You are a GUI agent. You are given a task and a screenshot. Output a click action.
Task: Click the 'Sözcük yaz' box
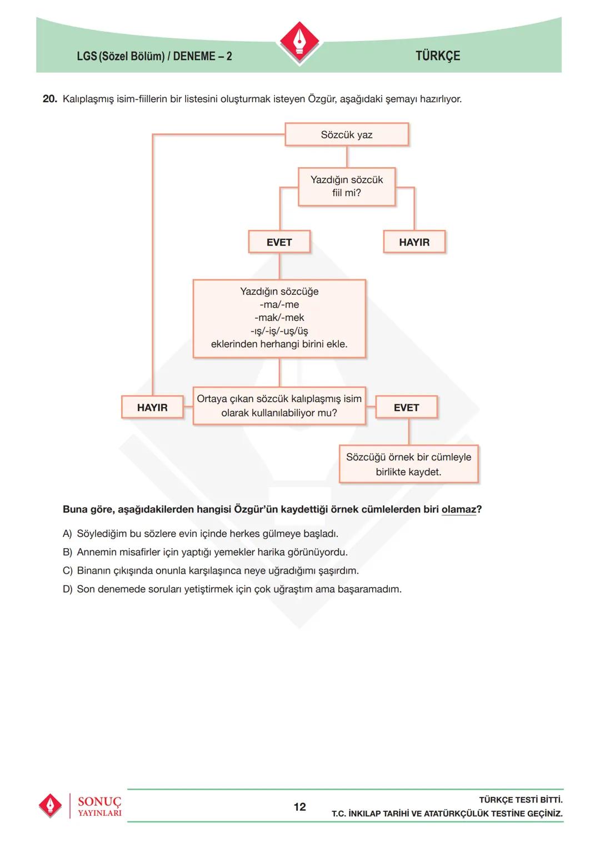[347, 135]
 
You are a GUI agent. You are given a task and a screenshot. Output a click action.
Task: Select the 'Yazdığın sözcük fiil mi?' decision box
[347, 187]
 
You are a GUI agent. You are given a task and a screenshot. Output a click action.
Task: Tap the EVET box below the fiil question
[279, 242]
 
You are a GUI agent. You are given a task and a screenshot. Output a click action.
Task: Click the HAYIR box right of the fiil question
[414, 242]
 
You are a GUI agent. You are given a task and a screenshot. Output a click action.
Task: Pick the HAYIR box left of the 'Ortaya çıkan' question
[152, 408]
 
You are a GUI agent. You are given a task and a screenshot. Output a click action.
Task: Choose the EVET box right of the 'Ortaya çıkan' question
[406, 408]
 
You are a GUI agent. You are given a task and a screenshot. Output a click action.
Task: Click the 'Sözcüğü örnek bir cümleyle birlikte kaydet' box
[408, 464]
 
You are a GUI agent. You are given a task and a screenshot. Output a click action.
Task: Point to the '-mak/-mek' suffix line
[279, 318]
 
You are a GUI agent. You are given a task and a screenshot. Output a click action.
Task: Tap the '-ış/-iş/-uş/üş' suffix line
[279, 331]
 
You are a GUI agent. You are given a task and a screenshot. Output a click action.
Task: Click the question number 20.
[50, 99]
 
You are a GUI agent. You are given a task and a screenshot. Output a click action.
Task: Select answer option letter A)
[67, 534]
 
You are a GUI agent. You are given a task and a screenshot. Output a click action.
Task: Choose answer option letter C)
[67, 571]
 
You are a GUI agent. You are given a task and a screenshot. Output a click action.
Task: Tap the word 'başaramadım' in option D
[369, 589]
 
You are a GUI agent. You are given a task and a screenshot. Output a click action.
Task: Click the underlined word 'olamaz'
[458, 509]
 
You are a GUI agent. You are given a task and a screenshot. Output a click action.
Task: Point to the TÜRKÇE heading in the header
[438, 56]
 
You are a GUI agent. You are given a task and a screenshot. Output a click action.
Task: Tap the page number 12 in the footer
[299, 807]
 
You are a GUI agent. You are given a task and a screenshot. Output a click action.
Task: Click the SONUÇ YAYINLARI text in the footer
[99, 806]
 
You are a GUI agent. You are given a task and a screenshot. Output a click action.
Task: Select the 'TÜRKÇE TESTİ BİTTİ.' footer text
[521, 800]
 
